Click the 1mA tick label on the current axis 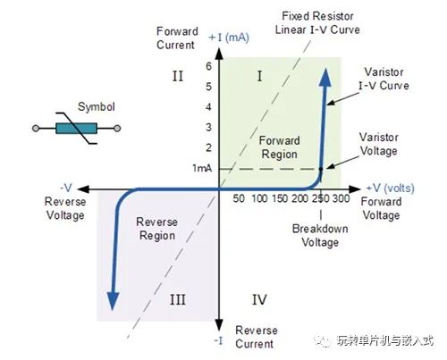(202, 168)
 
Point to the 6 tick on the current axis (209, 66)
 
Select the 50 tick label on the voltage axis (239, 198)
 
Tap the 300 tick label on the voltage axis (341, 198)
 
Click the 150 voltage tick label (280, 198)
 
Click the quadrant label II (178, 76)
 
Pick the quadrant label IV (259, 299)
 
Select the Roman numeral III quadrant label (178, 299)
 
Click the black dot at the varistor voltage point (321, 169)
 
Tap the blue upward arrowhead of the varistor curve (325, 78)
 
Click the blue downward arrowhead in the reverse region (113, 301)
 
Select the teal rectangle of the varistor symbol (76, 129)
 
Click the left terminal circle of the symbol (36, 129)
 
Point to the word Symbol (97, 107)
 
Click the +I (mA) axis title (229, 38)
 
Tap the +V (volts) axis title (390, 188)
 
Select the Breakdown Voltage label (320, 235)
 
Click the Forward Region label (280, 147)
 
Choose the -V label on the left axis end (66, 188)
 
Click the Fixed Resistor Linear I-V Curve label (317, 23)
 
